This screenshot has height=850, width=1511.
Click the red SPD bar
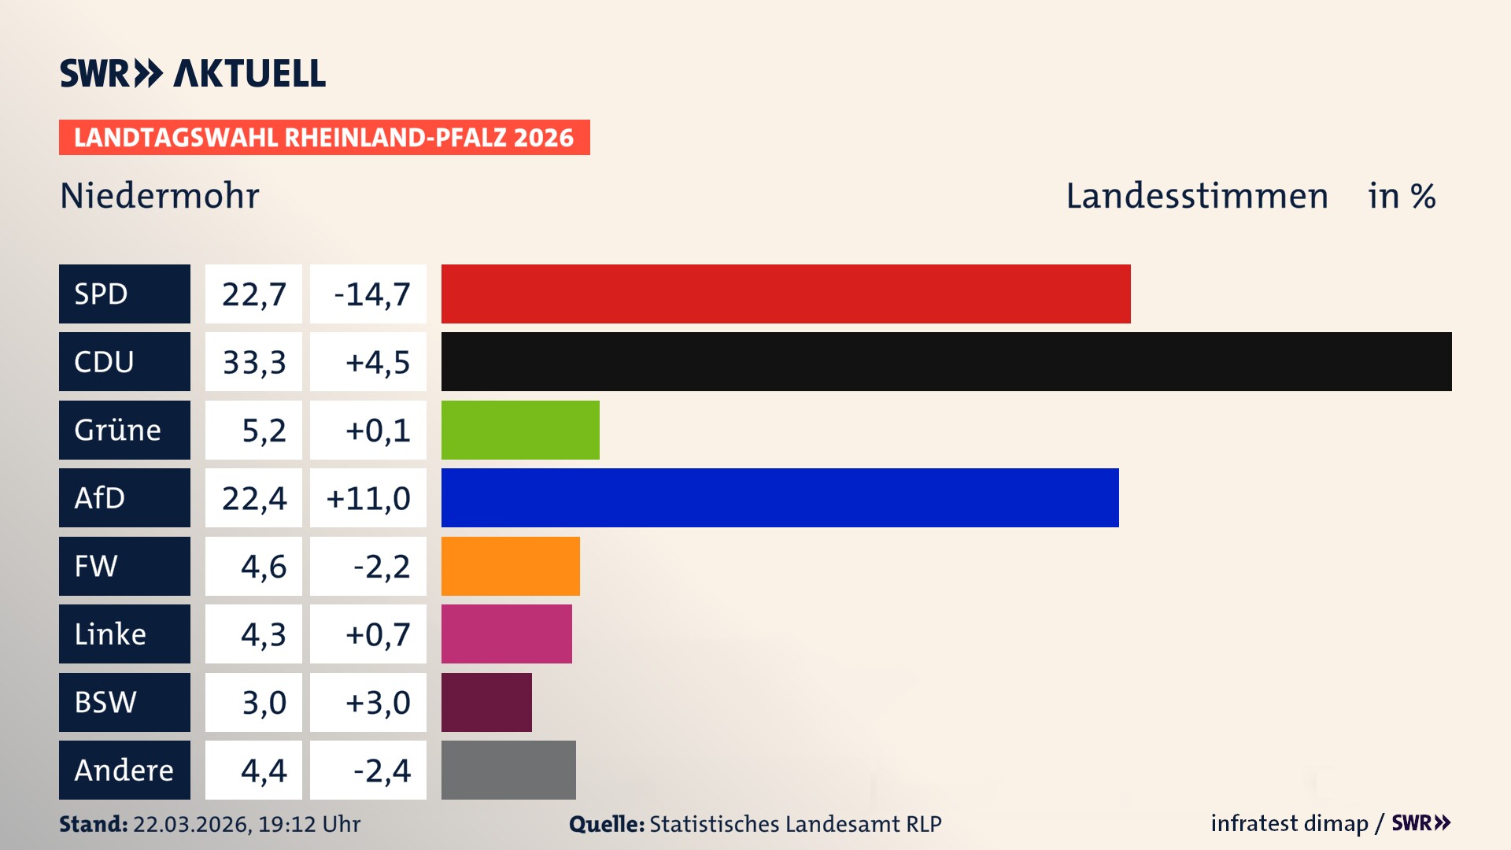click(785, 294)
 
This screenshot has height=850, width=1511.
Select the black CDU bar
click(946, 362)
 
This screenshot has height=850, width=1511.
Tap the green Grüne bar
click(520, 430)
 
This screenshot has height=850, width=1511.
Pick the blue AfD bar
click(779, 497)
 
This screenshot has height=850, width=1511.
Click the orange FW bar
click(510, 566)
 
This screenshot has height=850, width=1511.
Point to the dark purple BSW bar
click(486, 702)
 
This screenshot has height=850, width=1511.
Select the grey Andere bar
click(508, 770)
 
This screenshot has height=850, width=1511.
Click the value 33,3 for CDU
click(253, 362)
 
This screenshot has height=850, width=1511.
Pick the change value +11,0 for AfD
click(368, 497)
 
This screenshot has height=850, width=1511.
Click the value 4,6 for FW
click(263, 566)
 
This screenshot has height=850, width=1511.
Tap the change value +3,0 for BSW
click(377, 702)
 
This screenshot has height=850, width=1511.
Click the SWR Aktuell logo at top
click(193, 74)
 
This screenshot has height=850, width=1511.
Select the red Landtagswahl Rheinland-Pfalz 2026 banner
click(324, 138)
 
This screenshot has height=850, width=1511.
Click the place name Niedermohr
click(160, 196)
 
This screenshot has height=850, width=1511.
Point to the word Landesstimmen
click(1196, 196)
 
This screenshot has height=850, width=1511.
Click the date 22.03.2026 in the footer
click(191, 824)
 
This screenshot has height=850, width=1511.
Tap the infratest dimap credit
click(1289, 823)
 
